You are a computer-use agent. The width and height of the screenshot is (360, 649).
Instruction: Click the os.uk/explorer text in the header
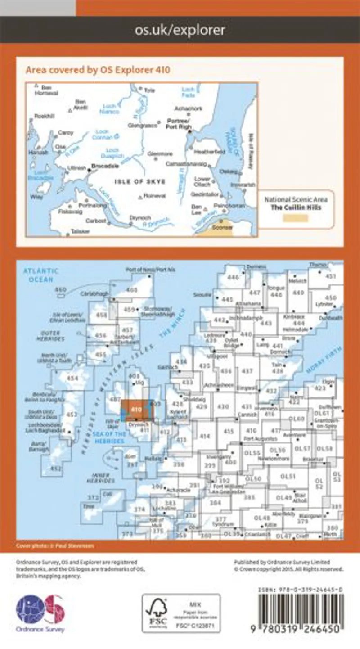tap(180, 30)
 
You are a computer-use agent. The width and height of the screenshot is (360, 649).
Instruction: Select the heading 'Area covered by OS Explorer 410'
tap(98, 70)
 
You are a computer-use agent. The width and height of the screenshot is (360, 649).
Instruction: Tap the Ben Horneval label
tap(49, 90)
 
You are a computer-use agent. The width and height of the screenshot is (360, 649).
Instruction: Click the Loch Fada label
tap(189, 92)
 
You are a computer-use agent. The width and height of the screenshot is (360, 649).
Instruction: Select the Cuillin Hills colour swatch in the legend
tap(295, 218)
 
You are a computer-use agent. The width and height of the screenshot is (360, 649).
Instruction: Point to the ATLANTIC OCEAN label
tap(41, 275)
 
